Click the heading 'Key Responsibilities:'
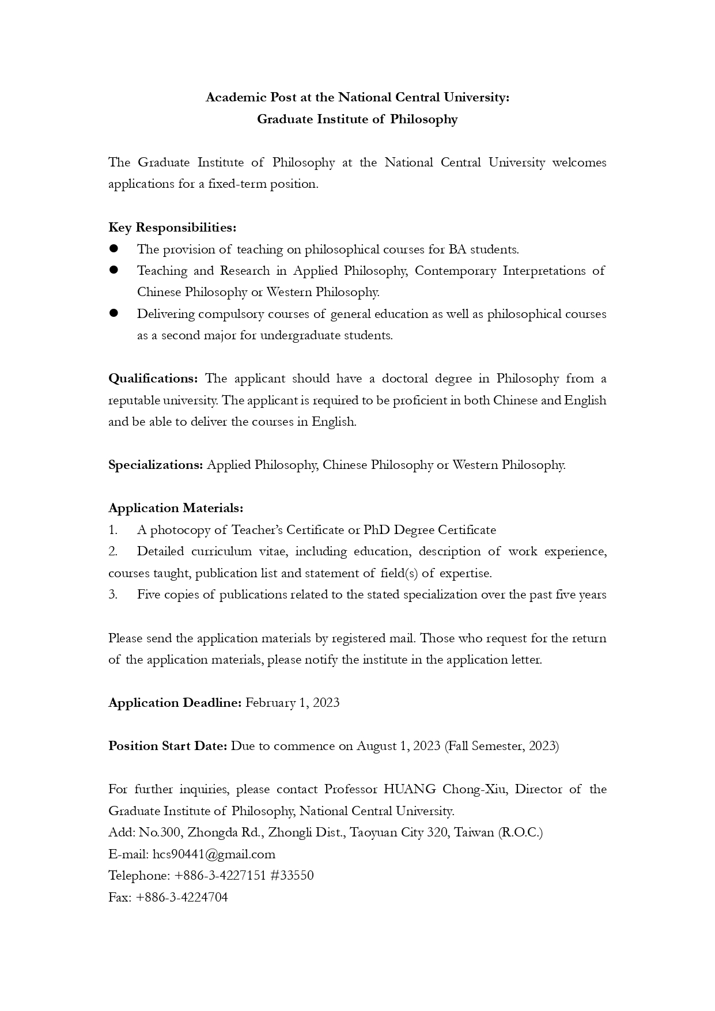pyautogui.click(x=172, y=228)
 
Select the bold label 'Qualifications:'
pyautogui.click(x=153, y=378)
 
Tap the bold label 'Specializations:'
pyautogui.click(x=156, y=465)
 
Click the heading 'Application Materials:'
pyautogui.click(x=176, y=508)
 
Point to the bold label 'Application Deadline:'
pyautogui.click(x=175, y=703)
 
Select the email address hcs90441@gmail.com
pyautogui.click(x=214, y=854)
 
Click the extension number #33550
pyautogui.click(x=292, y=876)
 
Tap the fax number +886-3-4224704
pyautogui.click(x=182, y=897)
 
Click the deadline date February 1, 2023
pyautogui.click(x=292, y=703)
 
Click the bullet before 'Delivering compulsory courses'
pyautogui.click(x=114, y=313)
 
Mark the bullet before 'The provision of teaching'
pyautogui.click(x=114, y=249)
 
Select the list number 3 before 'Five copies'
pyautogui.click(x=113, y=595)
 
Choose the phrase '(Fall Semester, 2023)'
pyautogui.click(x=501, y=746)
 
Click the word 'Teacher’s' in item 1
pyautogui.click(x=258, y=530)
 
